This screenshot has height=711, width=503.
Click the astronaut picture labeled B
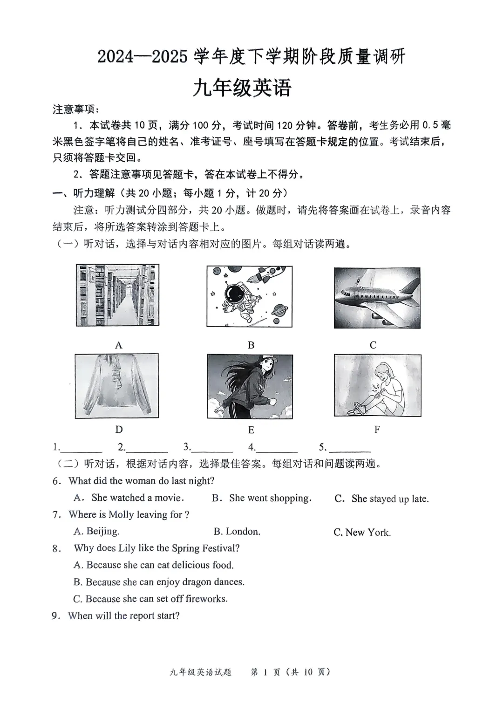coord(249,296)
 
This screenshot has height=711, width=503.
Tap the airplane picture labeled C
coord(377,298)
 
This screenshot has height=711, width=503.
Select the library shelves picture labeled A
coord(117,295)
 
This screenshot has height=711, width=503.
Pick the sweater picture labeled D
coord(116,386)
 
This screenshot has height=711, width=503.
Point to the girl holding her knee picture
coord(377,385)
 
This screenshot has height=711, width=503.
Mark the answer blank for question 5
coord(350,448)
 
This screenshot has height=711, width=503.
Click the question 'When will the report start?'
coord(123,615)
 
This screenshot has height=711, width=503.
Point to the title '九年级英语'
coord(242,88)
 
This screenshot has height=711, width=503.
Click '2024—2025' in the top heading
coord(142,57)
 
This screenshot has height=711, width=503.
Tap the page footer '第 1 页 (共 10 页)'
coord(290,672)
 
